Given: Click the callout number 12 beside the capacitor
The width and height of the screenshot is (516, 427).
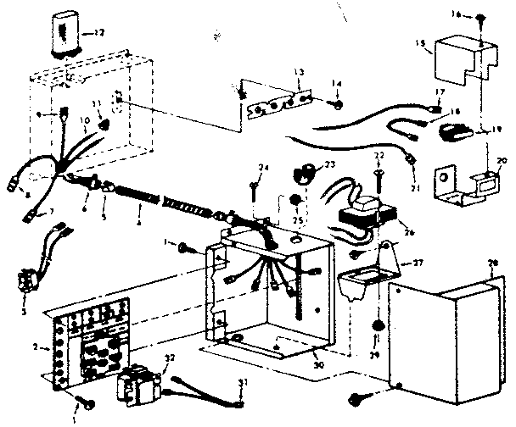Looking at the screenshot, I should (x=101, y=33).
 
